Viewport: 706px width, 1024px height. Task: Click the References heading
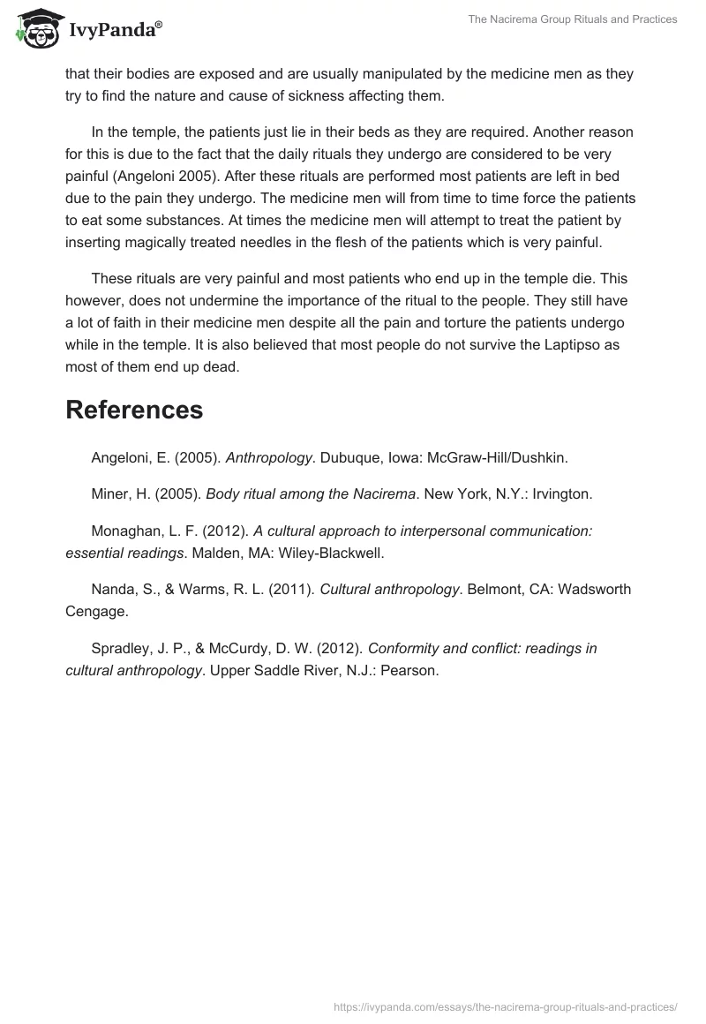pyautogui.click(x=134, y=410)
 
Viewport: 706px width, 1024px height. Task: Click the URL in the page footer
pyautogui.click(x=506, y=1005)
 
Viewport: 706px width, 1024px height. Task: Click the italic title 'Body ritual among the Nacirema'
pyautogui.click(x=311, y=494)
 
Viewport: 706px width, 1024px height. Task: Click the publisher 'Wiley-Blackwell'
pyautogui.click(x=333, y=553)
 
